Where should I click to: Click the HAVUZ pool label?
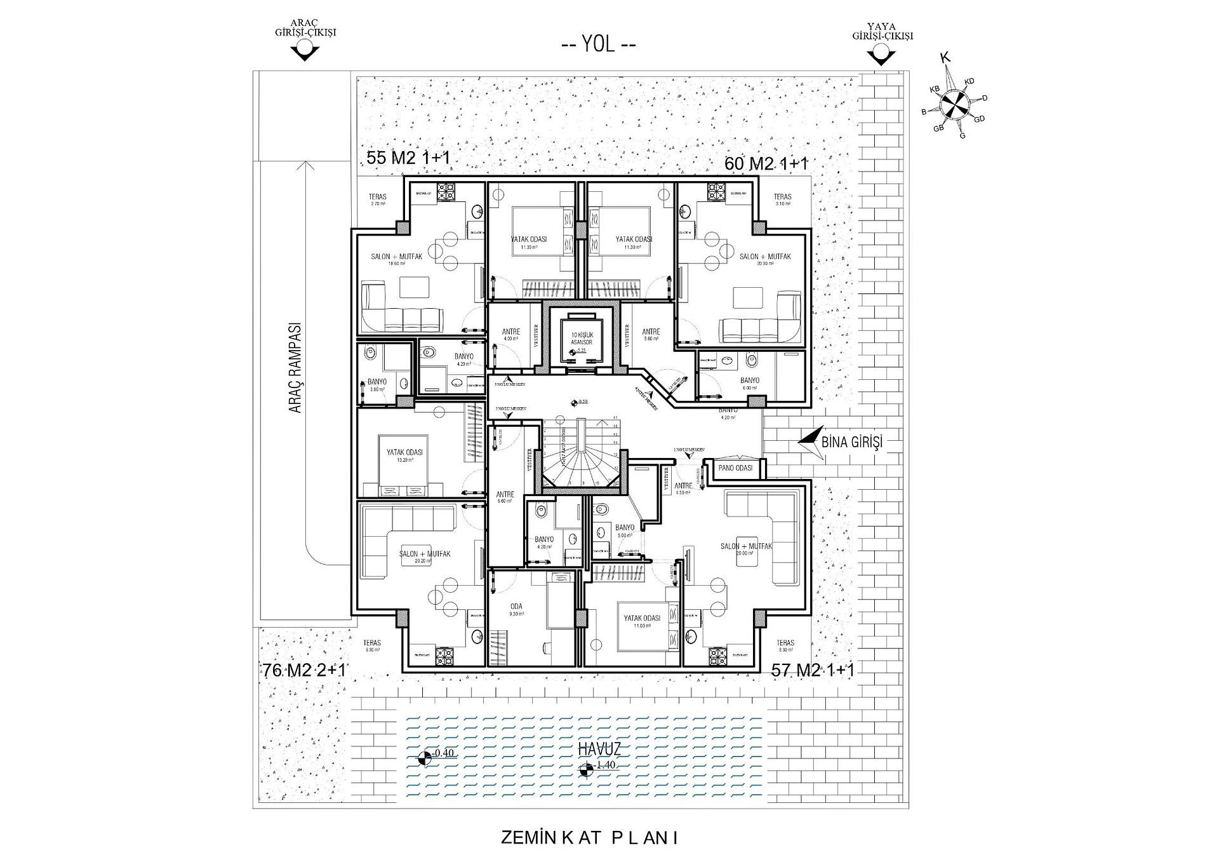(599, 748)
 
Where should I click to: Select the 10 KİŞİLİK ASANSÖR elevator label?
(581, 338)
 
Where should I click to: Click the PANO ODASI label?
(735, 468)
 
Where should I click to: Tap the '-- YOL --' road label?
(599, 45)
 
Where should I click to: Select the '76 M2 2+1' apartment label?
(305, 670)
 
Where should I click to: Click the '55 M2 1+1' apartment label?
(408, 158)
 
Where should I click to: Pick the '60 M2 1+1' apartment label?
(766, 163)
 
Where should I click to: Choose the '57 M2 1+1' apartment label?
(813, 670)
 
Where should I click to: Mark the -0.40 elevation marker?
(437, 754)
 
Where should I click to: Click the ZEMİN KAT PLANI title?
(590, 838)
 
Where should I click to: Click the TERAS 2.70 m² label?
(378, 200)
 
